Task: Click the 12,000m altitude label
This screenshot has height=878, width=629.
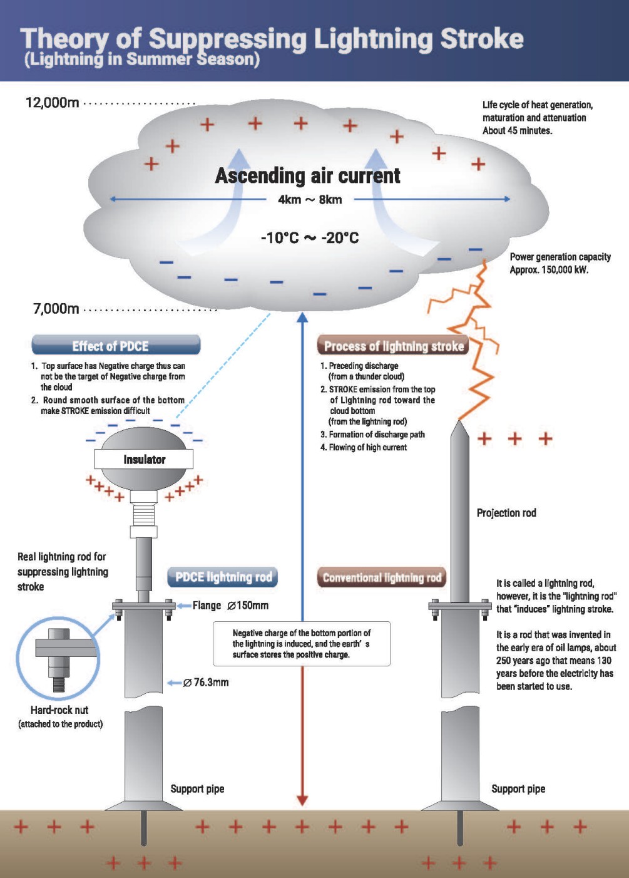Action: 53,103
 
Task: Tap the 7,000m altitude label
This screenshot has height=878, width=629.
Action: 56,309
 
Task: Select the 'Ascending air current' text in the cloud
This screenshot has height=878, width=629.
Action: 307,176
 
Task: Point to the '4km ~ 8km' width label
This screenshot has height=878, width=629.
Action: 310,200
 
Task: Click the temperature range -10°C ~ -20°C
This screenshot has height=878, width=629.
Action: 310,238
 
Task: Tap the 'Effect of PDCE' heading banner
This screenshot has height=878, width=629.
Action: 116,346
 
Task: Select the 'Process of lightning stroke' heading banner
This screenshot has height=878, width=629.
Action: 393,346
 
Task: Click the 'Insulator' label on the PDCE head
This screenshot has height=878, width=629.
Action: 144,460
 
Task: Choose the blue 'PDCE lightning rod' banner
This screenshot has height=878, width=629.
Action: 222,577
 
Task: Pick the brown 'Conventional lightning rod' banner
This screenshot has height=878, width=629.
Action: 382,577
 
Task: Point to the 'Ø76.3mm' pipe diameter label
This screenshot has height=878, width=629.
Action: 206,683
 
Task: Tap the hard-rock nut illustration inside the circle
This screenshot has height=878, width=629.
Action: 58,658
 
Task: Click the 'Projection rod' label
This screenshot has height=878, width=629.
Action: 506,513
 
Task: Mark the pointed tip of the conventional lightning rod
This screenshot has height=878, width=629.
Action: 460,425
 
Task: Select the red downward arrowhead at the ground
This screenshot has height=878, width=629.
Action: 302,800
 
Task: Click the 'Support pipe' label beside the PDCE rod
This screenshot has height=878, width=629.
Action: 197,789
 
